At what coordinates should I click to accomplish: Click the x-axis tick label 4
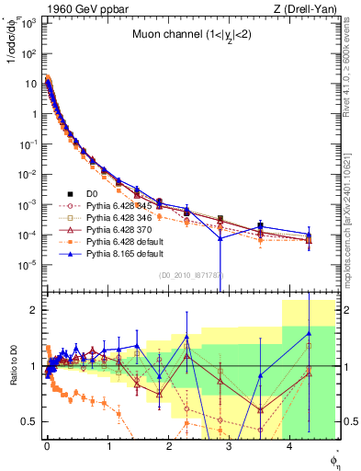tap(290, 445)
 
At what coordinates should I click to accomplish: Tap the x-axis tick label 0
tap(47, 445)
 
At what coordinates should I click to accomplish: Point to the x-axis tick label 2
tap(168, 445)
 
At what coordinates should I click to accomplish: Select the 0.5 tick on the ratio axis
tap(30, 421)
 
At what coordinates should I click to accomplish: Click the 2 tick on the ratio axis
tap(34, 310)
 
